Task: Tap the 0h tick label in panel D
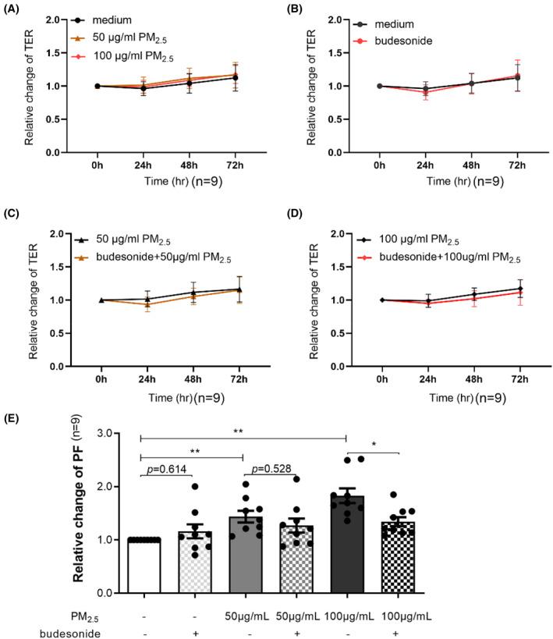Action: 381,378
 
